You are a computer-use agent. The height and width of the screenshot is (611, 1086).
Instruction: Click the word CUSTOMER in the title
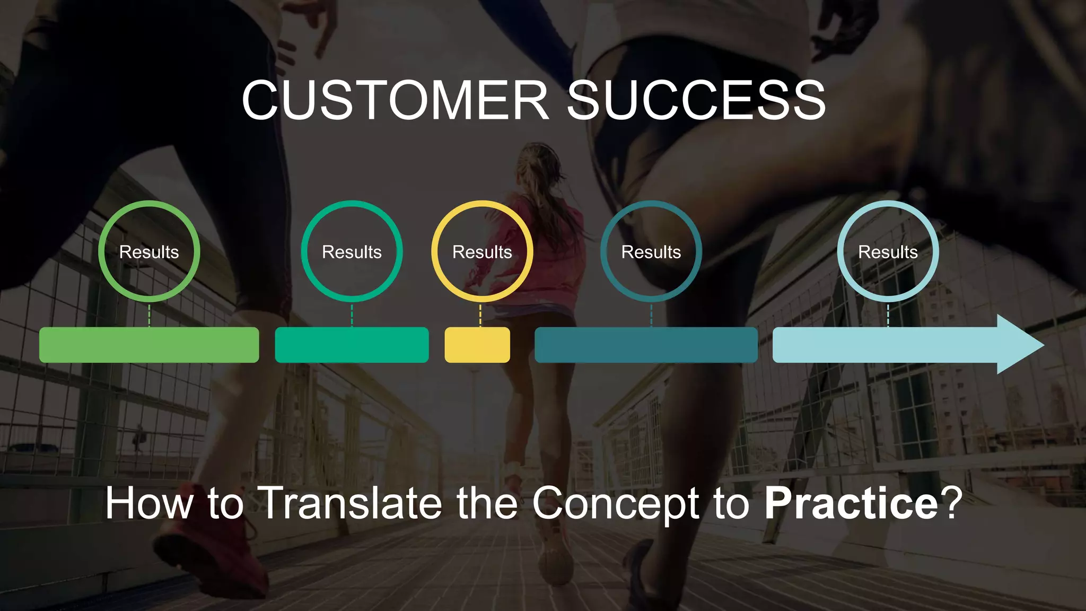[x=395, y=100]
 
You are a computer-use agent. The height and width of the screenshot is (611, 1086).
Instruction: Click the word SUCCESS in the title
[x=696, y=100]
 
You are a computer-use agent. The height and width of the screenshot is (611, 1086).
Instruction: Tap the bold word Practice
[x=851, y=503]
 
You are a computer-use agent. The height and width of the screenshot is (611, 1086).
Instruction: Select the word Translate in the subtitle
[x=352, y=503]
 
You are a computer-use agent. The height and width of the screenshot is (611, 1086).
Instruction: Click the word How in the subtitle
[x=149, y=503]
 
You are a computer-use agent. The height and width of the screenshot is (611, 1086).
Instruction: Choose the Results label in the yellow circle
[x=482, y=252]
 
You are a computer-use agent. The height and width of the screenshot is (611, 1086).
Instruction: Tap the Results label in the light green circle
[x=149, y=252]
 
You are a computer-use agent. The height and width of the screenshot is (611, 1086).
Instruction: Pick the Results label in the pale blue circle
[x=888, y=252]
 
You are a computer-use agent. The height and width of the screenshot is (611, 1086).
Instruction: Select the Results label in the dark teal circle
[x=651, y=252]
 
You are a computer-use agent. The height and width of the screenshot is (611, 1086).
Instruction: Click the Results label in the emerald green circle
[x=352, y=252]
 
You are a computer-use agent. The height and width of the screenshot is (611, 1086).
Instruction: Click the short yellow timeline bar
[x=477, y=345]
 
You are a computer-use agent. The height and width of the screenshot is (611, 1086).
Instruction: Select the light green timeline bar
[x=149, y=345]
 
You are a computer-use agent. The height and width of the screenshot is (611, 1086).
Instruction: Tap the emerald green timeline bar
[x=352, y=345]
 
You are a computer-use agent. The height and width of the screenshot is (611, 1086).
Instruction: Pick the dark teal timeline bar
[x=646, y=345]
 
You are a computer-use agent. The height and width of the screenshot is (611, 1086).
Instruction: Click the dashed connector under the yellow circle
[x=480, y=315]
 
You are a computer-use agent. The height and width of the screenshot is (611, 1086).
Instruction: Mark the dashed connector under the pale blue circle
[x=888, y=315]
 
